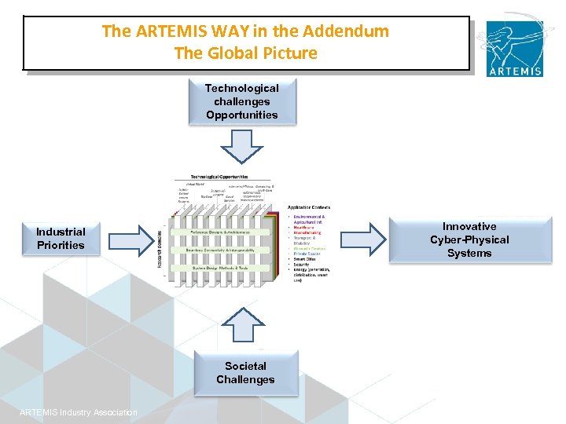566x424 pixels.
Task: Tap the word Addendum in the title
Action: (351, 32)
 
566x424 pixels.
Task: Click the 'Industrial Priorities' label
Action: (61, 239)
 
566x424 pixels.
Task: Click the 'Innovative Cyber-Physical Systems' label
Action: (469, 239)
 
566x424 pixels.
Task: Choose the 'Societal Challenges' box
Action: (245, 372)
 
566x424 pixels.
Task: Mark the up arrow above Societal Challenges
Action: (245, 327)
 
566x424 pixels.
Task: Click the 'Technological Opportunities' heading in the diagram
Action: (219, 177)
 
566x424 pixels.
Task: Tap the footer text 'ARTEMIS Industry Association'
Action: (78, 413)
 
